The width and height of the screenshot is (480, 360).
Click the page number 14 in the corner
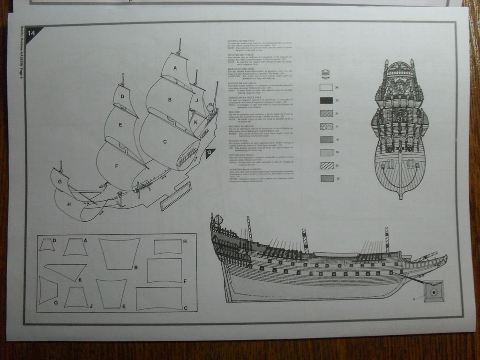tap(31, 33)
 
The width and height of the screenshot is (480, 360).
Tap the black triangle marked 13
tap(210, 153)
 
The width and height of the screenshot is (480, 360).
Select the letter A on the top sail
tap(175, 68)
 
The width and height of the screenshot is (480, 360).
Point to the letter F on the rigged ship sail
tap(116, 166)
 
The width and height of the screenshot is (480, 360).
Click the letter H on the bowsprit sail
tap(69, 204)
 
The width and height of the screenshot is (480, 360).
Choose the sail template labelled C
tap(159, 299)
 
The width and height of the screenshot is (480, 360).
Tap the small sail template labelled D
tap(46, 245)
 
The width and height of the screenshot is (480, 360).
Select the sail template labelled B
tap(119, 254)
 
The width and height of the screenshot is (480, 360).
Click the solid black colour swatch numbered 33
tap(326, 100)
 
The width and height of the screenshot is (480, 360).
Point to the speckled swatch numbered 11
tap(326, 126)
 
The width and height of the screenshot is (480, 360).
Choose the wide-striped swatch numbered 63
tap(326, 165)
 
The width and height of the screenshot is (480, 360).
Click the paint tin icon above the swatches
tap(326, 74)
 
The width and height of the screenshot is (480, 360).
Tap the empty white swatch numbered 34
tap(326, 87)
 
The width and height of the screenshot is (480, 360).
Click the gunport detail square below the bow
tap(434, 292)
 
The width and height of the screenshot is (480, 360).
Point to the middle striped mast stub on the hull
tap(305, 240)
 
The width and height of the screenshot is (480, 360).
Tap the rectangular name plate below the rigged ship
tap(175, 196)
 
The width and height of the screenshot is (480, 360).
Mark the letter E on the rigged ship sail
tap(120, 125)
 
